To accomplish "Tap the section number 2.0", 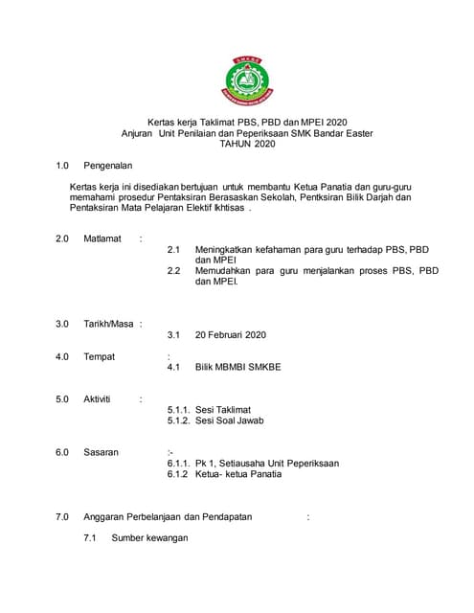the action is [62, 238].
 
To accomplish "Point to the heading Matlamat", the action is [102, 238].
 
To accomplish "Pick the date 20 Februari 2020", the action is [230, 335].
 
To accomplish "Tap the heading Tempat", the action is [100, 356].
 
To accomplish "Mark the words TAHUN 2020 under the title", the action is [246, 143].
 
